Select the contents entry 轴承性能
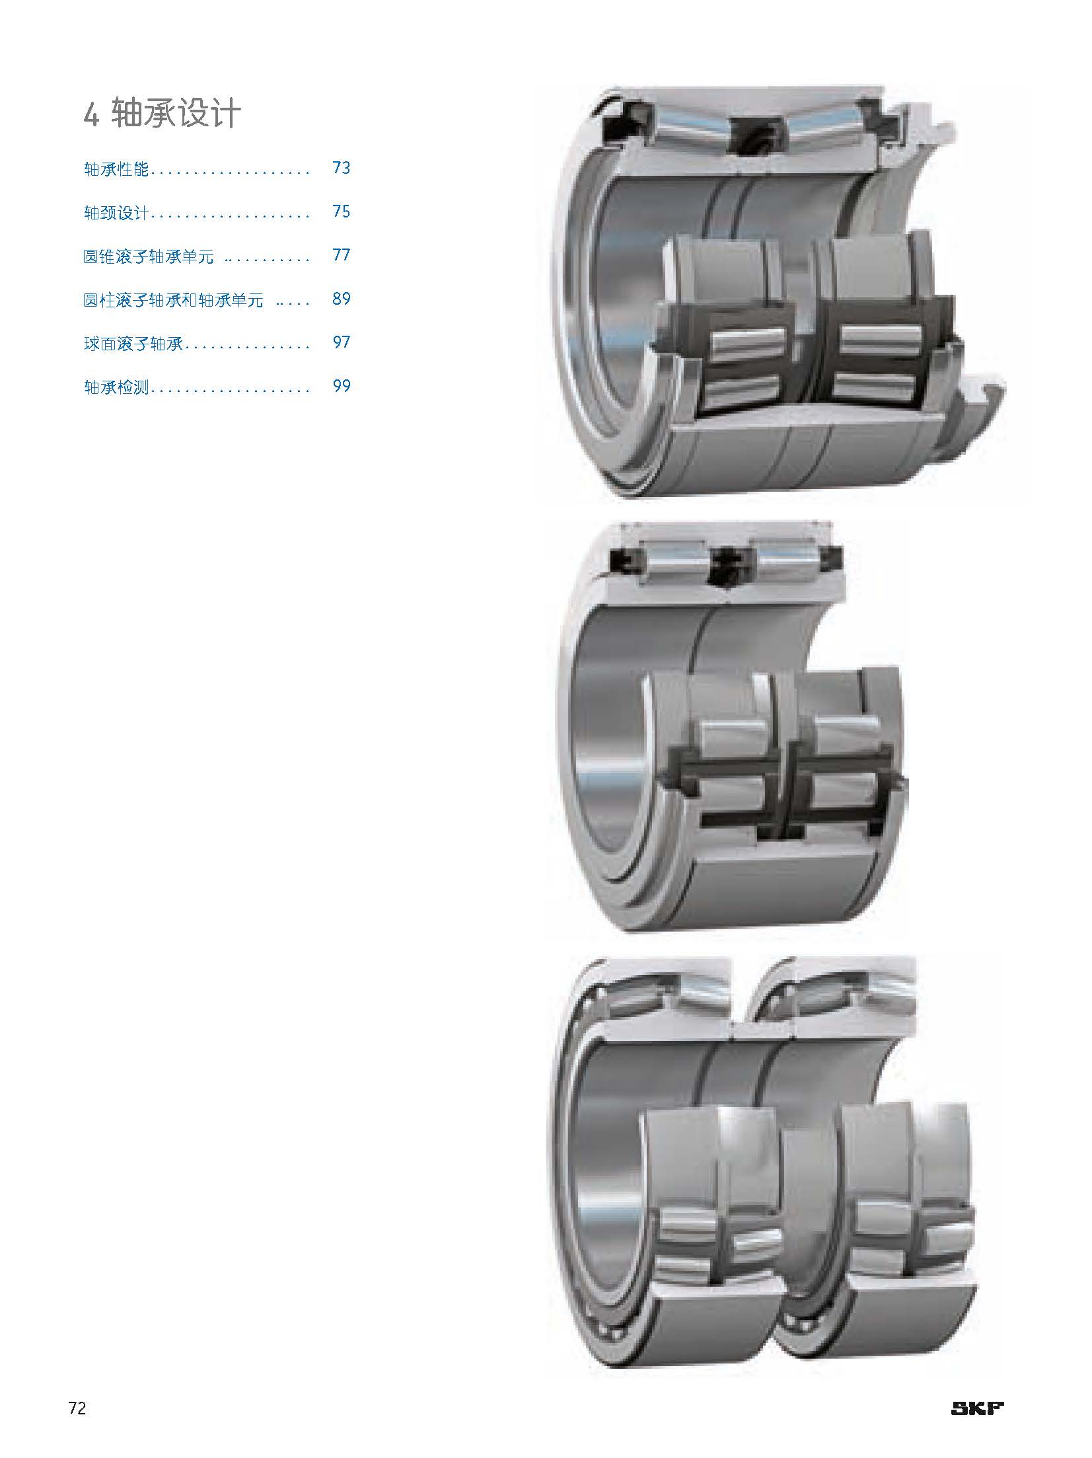click(x=116, y=169)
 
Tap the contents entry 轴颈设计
click(x=116, y=213)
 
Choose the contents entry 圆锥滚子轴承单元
click(x=149, y=256)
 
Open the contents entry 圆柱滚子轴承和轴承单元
click(x=173, y=300)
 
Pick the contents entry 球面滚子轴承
click(x=133, y=344)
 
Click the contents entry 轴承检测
click(x=116, y=387)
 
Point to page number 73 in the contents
click(x=342, y=168)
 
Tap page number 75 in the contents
click(x=342, y=211)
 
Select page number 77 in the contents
click(x=342, y=255)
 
